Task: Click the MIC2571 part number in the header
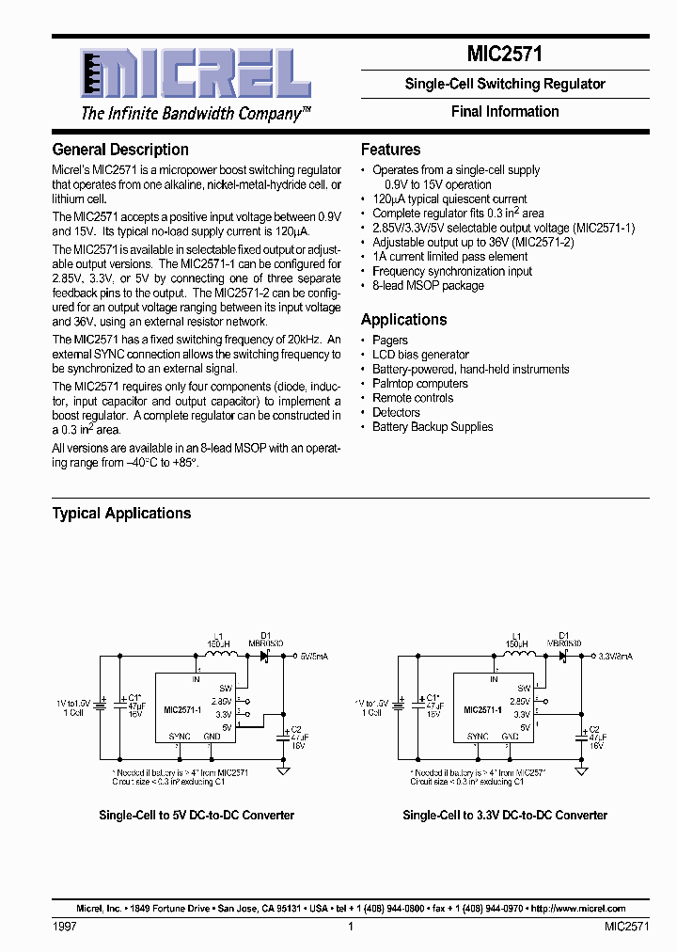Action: click(x=505, y=55)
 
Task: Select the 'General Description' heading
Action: click(x=120, y=150)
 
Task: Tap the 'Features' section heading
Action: click(x=390, y=150)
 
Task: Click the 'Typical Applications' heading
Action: click(x=121, y=514)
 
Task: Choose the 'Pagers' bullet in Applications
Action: click(x=389, y=341)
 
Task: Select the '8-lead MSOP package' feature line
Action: click(x=428, y=285)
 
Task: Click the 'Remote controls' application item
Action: click(x=413, y=398)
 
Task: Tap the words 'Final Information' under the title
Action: click(x=505, y=112)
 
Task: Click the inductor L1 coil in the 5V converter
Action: click(x=220, y=656)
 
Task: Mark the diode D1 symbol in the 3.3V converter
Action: click(x=563, y=656)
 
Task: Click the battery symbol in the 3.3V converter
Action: click(x=400, y=703)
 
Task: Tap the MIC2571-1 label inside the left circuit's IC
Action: click(x=182, y=710)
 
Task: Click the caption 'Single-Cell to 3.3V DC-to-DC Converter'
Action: click(x=505, y=816)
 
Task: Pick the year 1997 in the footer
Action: click(x=64, y=927)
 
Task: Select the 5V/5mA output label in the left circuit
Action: click(x=315, y=656)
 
